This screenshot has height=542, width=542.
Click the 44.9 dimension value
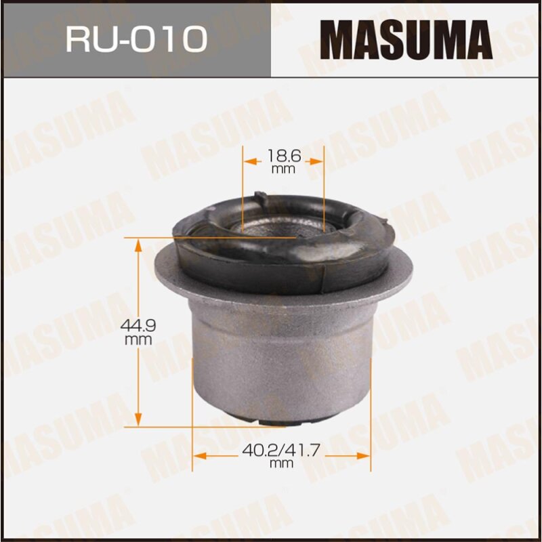tap(138, 327)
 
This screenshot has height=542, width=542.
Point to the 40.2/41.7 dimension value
tap(283, 451)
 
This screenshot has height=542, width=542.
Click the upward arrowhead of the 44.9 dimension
tap(138, 245)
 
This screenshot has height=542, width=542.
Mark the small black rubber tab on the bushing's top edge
tap(259, 194)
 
